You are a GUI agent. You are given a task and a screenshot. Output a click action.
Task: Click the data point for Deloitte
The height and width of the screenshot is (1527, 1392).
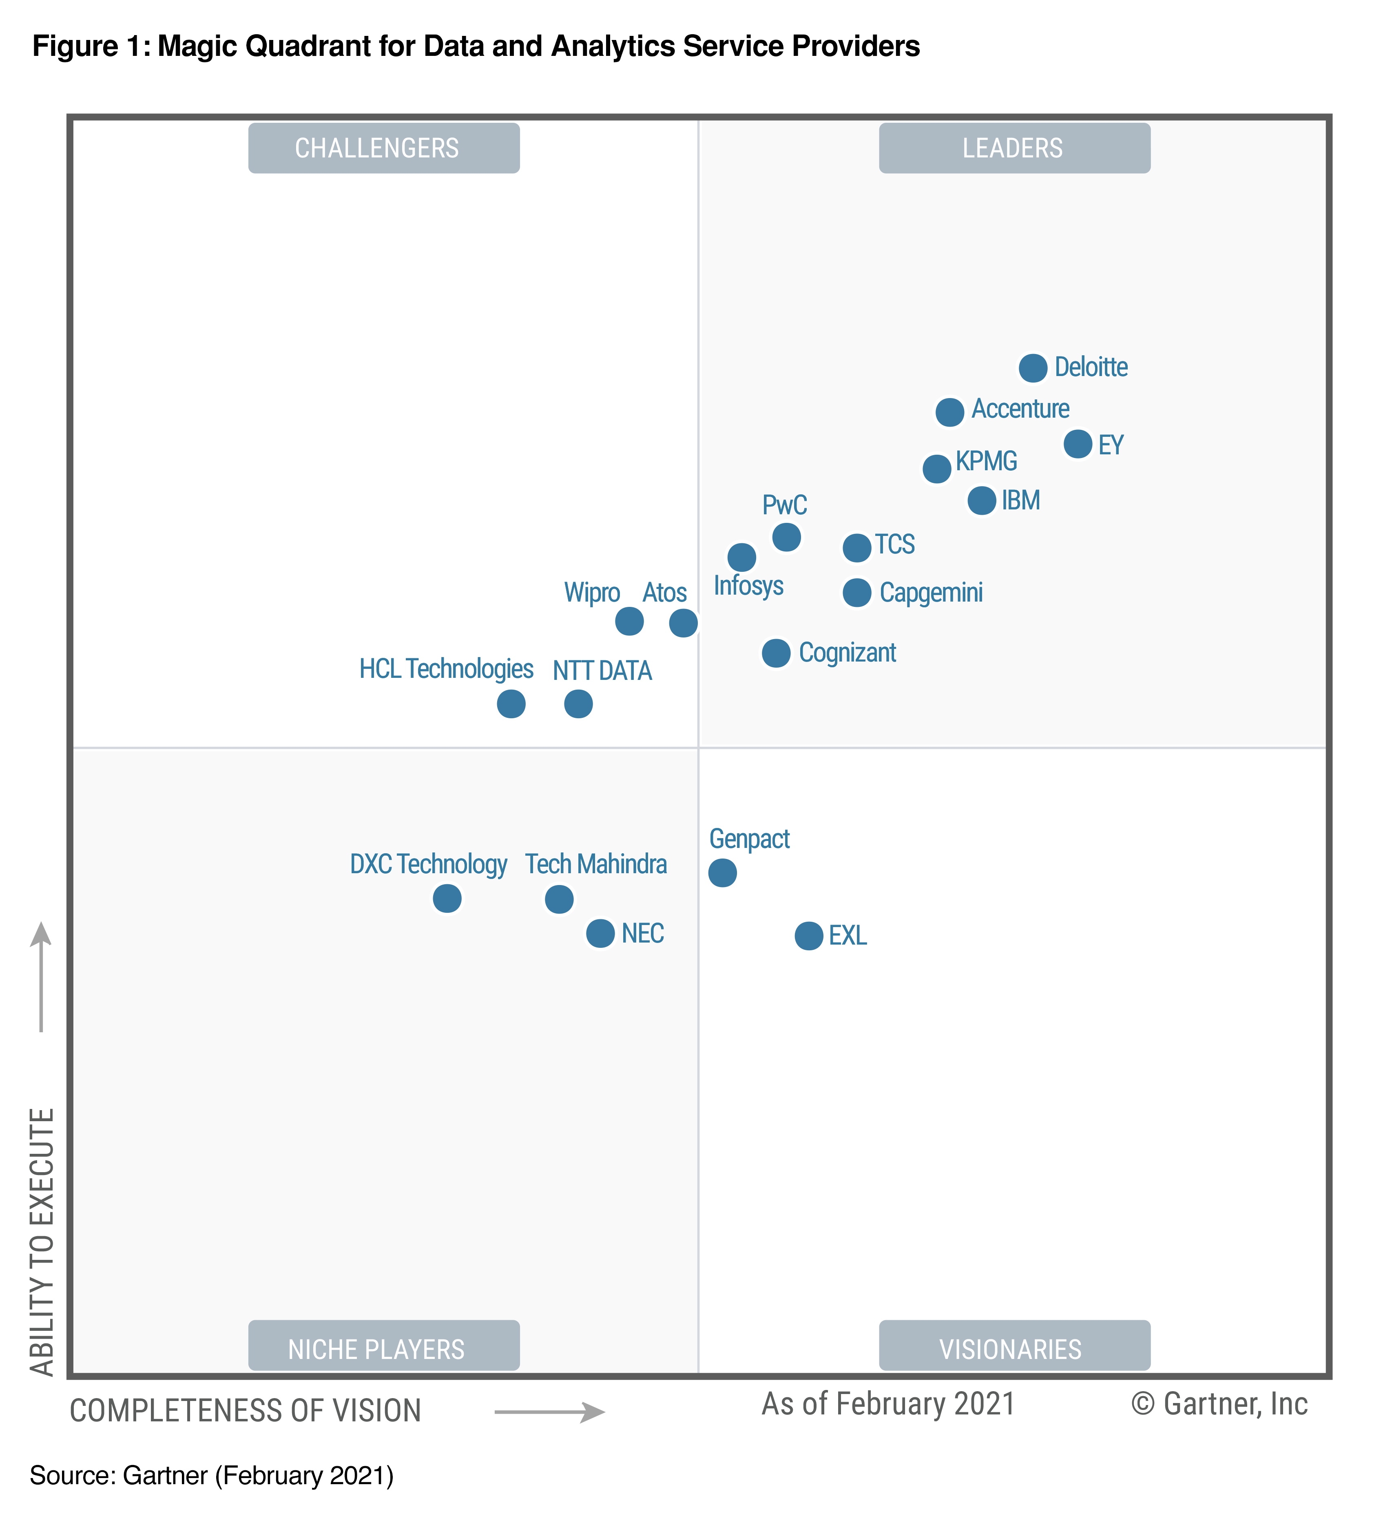(x=1032, y=368)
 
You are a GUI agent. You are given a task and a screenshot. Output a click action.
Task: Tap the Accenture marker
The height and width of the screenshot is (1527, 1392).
(x=949, y=412)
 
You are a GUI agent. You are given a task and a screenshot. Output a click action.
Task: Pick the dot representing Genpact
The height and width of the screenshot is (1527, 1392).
(x=722, y=872)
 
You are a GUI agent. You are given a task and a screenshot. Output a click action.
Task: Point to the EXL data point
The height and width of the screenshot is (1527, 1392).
(x=808, y=936)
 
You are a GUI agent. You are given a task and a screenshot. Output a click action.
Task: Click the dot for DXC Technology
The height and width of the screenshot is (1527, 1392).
(x=447, y=898)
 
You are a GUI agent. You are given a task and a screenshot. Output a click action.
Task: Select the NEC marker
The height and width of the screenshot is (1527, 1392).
(x=600, y=933)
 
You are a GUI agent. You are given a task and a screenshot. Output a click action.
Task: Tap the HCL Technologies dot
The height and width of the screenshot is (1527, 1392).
(x=511, y=704)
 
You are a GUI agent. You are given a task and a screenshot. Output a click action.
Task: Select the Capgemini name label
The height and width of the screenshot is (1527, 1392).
(x=931, y=592)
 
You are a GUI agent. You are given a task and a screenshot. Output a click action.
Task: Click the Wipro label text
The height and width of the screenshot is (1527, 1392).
(x=591, y=592)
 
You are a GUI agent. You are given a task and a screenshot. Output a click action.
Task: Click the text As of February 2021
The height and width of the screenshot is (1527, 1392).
(x=887, y=1403)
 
